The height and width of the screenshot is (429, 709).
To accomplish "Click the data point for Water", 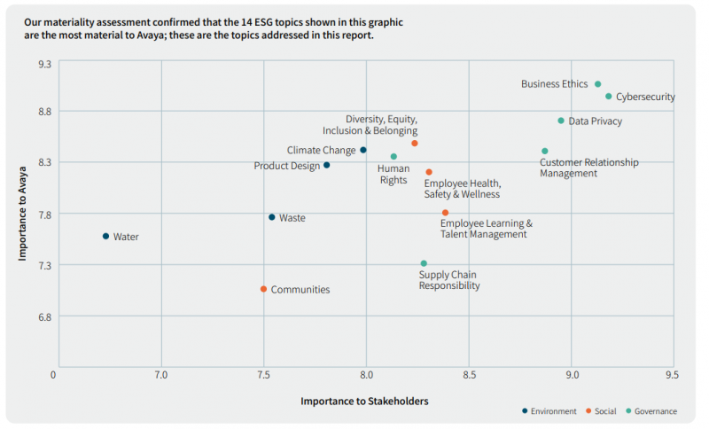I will [x=105, y=236].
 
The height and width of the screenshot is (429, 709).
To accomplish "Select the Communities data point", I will [x=263, y=289].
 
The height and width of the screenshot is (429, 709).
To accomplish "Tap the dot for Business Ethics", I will [x=597, y=84].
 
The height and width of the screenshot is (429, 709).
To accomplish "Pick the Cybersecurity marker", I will [x=609, y=96].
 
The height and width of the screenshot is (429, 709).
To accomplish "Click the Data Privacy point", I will [x=561, y=121].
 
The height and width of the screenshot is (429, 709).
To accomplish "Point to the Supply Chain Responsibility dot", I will [x=424, y=263].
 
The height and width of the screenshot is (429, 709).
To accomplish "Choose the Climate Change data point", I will [x=363, y=150].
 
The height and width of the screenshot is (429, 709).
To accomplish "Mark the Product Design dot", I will [x=326, y=165].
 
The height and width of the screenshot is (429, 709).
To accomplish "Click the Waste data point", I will [x=272, y=217].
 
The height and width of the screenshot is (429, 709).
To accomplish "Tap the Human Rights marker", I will [x=393, y=157].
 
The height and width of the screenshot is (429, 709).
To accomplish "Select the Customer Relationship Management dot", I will [x=545, y=151].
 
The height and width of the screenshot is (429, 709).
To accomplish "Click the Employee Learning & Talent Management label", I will [x=486, y=229].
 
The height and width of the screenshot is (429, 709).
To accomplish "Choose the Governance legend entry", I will [x=651, y=411].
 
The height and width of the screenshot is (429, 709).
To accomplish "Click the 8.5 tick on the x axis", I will [x=470, y=375].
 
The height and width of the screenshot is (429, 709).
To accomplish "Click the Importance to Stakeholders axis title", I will [x=364, y=401].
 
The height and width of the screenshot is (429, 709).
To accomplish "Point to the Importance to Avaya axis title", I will [x=23, y=213].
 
